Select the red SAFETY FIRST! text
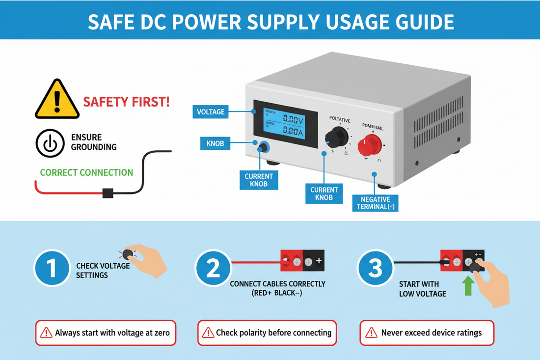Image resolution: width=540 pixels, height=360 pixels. point(127,102)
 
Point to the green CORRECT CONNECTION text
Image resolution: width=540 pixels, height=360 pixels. point(86,172)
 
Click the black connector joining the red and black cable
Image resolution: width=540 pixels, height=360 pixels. point(108,193)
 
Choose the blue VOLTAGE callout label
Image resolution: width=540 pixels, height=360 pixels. point(211,111)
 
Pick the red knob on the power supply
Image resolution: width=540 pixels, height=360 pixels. point(370,144)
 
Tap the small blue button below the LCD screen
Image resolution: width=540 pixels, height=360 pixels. point(264,146)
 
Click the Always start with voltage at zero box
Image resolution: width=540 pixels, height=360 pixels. point(106,332)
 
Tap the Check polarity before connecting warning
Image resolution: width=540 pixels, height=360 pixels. point(267,332)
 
